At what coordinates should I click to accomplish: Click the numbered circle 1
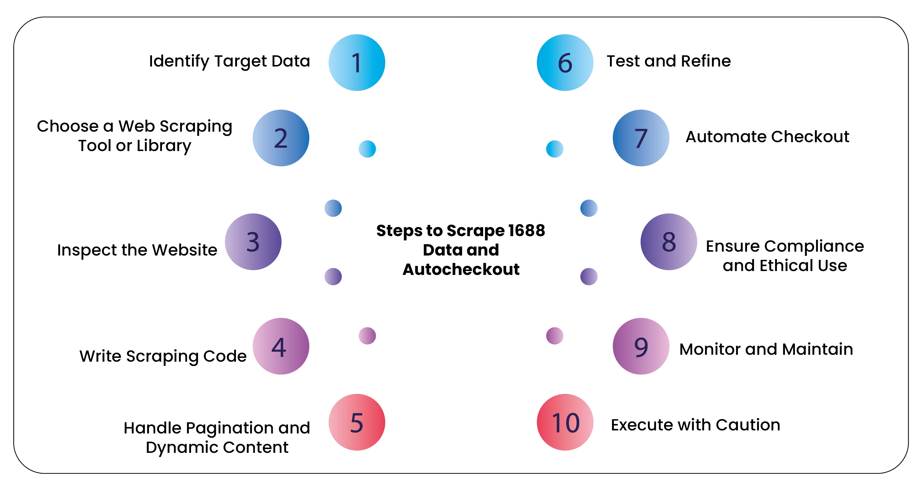point(357,63)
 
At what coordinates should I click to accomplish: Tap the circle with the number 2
point(281,138)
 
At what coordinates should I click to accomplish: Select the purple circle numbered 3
point(253,242)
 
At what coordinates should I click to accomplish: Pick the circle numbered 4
point(281,346)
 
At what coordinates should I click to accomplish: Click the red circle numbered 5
point(357,422)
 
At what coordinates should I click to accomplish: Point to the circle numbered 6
point(565,63)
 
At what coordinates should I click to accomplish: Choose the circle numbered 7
point(641,138)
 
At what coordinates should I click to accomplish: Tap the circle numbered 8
point(669,242)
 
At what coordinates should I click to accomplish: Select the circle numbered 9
point(641,346)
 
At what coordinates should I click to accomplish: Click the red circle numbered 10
point(565,422)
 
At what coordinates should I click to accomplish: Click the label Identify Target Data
point(230,61)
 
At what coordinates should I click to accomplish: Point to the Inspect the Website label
point(137,250)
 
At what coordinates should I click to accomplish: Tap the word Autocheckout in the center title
point(461,269)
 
